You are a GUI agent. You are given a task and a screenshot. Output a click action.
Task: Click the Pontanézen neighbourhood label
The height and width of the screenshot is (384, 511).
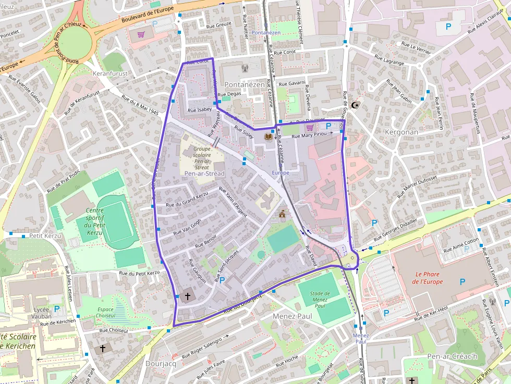245,84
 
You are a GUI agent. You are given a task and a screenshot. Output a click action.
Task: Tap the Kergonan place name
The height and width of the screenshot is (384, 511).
401,132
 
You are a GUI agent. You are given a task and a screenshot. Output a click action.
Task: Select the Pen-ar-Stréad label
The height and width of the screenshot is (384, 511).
204,174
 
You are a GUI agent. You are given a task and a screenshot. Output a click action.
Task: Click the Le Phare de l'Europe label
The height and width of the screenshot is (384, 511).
429,278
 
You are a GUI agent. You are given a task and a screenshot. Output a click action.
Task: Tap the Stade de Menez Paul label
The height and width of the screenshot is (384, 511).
319,300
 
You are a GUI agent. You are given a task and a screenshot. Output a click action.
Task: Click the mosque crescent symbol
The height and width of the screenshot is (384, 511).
356,105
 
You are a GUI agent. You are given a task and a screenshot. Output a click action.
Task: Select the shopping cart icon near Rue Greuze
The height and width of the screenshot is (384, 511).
141,34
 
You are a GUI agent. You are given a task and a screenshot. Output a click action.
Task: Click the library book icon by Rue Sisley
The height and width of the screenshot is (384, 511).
269,137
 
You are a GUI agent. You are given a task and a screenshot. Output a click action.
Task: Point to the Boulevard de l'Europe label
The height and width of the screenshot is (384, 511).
148,14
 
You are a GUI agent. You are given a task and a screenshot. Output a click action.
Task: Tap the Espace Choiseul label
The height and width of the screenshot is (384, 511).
105,312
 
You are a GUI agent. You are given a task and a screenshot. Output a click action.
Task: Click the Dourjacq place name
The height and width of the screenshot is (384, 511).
161,363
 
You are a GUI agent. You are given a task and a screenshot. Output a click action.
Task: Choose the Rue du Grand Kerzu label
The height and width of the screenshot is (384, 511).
187,200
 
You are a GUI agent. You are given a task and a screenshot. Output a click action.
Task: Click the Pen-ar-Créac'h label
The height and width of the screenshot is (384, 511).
452,356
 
